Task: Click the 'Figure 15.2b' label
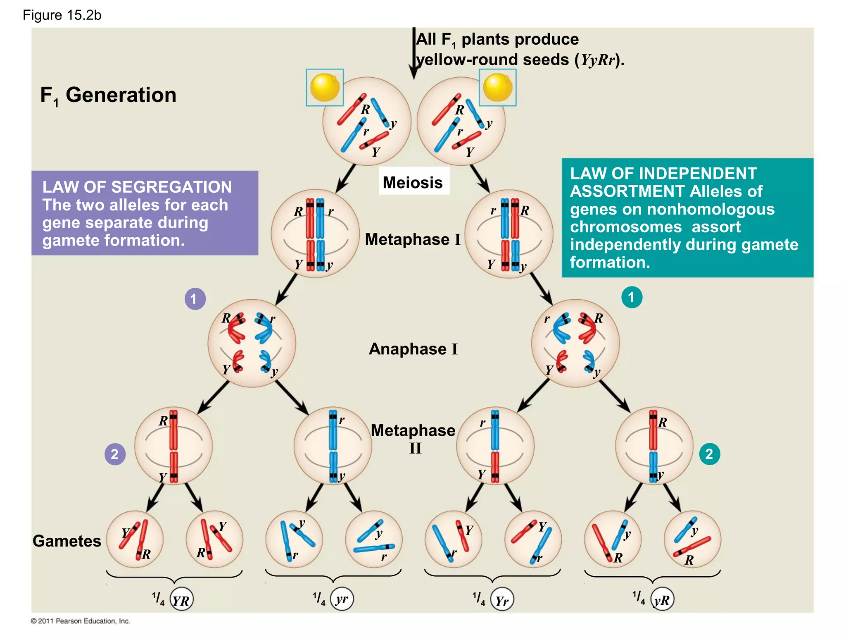[x=62, y=15]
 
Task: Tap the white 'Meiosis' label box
[x=413, y=182]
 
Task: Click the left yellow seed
[x=325, y=87]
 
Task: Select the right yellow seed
[x=497, y=87]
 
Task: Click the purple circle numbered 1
[x=195, y=298]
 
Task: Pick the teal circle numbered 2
[x=709, y=454]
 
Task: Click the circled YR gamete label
[x=181, y=599]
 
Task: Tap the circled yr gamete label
[x=342, y=599]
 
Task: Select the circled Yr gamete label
[x=502, y=599]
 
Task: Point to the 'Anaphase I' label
[x=413, y=349]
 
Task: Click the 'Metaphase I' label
[x=412, y=239]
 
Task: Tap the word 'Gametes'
[x=67, y=541]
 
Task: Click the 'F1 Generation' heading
[x=108, y=95]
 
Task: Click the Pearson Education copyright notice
[x=81, y=621]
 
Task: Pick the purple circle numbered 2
[x=115, y=454]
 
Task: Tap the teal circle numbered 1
[x=632, y=297]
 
